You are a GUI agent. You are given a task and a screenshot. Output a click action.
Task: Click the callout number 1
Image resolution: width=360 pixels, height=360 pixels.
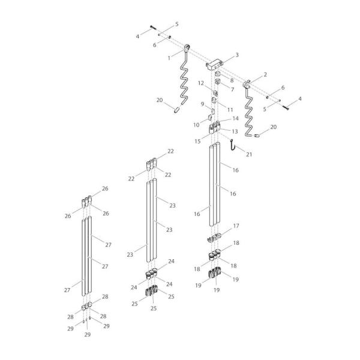(170, 58)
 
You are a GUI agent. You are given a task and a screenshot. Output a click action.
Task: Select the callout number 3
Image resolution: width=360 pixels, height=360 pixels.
(237, 55)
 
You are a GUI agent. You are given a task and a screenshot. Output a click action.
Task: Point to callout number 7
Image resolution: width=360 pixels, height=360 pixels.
(232, 89)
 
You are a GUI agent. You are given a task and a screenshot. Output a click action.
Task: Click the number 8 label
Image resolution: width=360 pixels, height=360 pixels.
(232, 80)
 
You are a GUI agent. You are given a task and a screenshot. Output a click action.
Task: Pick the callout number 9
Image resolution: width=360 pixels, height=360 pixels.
(203, 104)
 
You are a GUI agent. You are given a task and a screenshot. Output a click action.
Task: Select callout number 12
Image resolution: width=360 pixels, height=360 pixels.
(202, 83)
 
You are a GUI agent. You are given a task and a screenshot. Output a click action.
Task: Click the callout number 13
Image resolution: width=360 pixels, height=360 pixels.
(235, 131)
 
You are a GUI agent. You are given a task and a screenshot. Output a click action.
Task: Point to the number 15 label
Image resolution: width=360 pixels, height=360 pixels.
(198, 141)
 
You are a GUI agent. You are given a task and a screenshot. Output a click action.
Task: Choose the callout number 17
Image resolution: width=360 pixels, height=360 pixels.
(236, 226)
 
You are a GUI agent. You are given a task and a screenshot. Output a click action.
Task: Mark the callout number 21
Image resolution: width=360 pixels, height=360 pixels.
(250, 154)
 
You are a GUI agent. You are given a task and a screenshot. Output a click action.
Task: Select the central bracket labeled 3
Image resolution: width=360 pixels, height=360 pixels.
(216, 63)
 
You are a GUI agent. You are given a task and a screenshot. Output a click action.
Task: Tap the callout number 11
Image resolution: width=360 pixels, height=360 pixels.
(230, 110)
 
